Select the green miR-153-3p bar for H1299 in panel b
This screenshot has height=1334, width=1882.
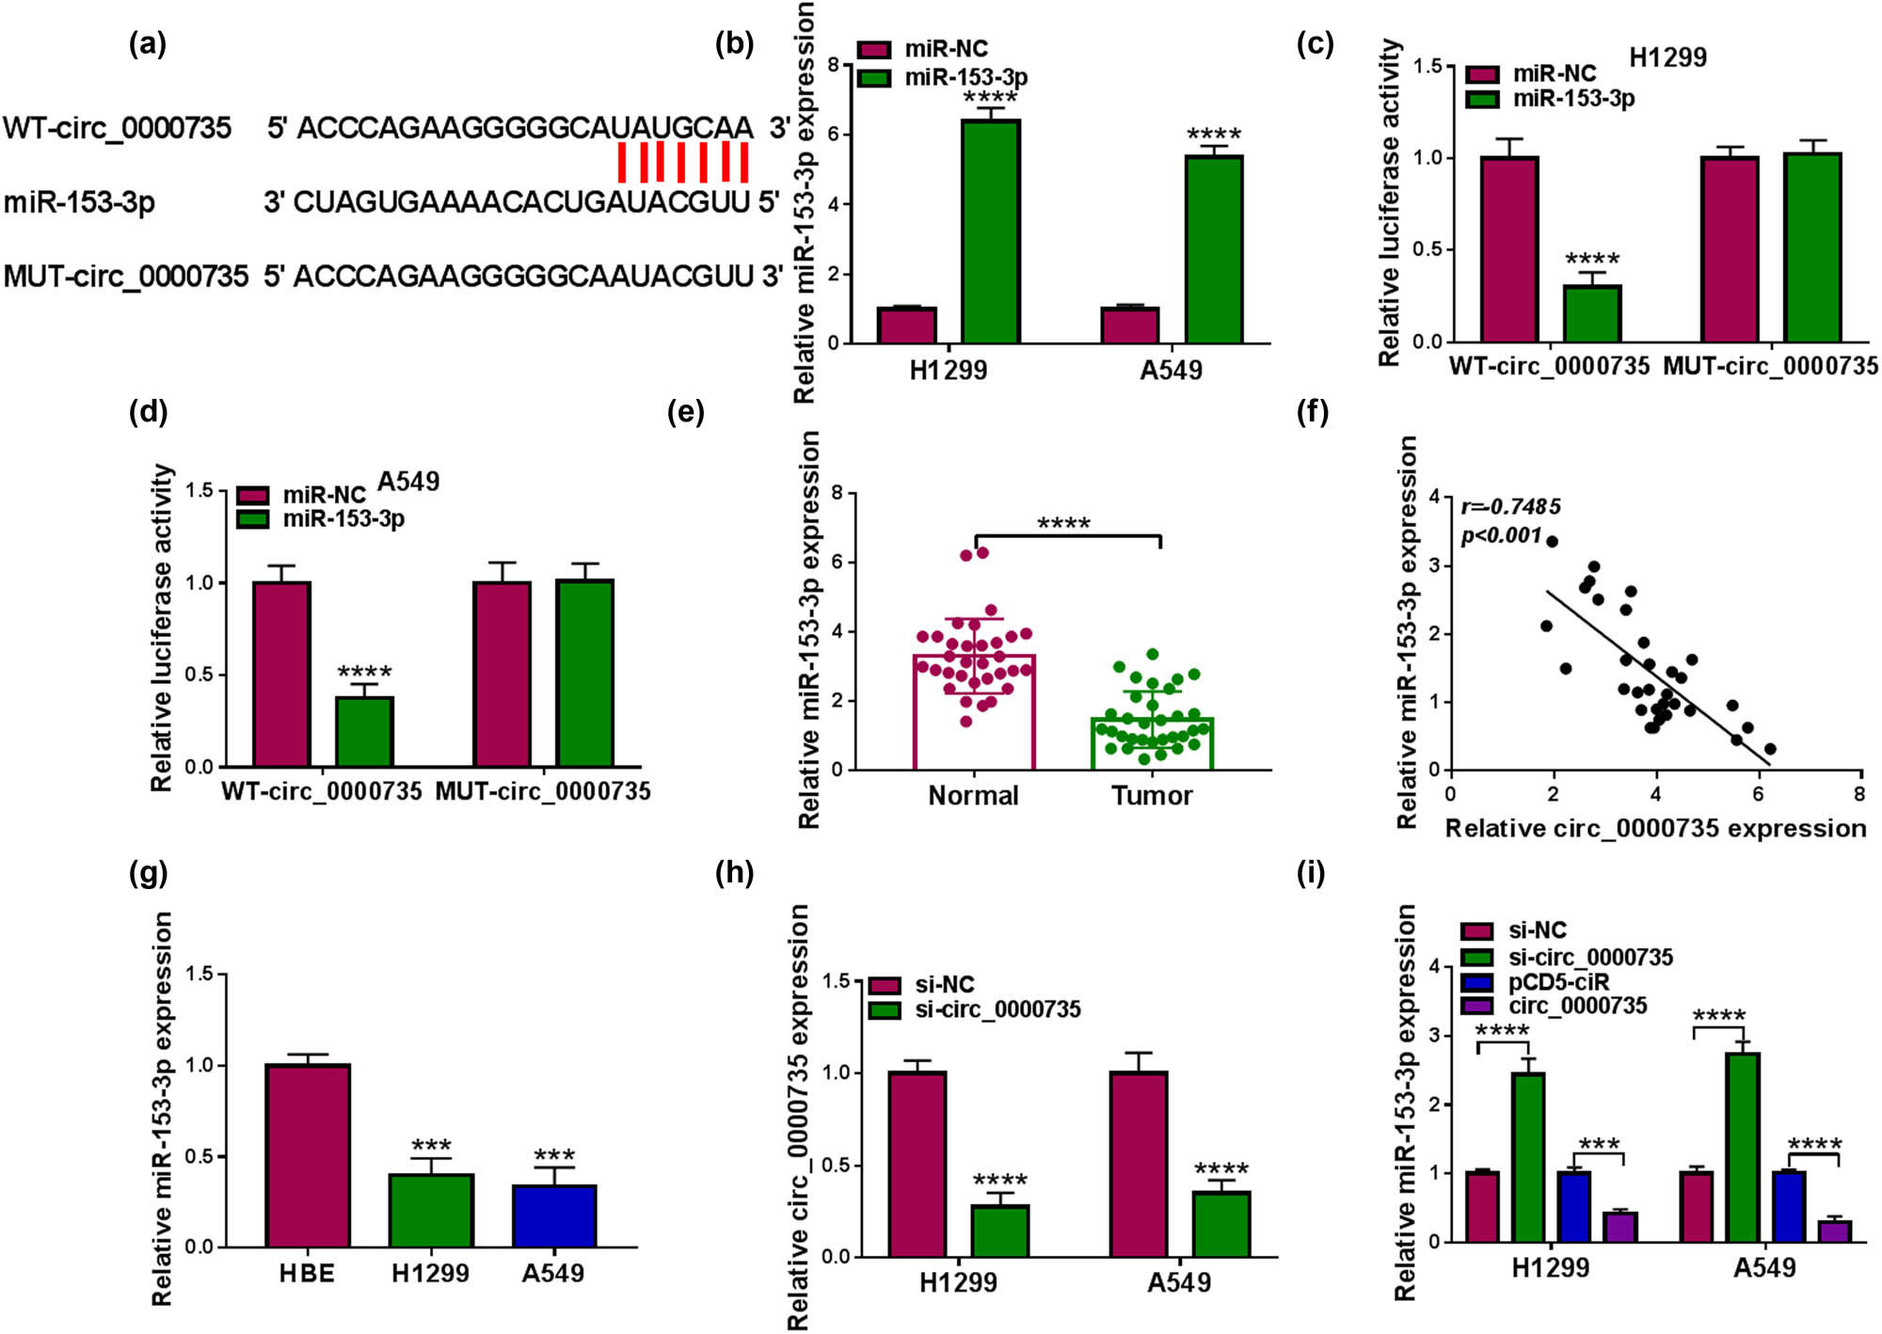pyautogui.click(x=990, y=230)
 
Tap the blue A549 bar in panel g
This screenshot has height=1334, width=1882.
pyautogui.click(x=554, y=1215)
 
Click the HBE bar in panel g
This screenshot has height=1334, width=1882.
pyautogui.click(x=308, y=1155)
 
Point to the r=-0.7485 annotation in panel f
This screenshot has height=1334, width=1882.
pyautogui.click(x=1510, y=507)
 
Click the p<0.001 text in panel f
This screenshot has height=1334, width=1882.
pyautogui.click(x=1502, y=536)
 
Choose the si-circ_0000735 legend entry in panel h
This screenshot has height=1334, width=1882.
pyautogui.click(x=997, y=1009)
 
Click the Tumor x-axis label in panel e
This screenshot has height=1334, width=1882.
pyautogui.click(x=1152, y=796)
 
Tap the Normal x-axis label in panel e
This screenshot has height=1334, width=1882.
pyautogui.click(x=973, y=796)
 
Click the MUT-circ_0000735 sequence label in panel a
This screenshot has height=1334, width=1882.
pyautogui.click(x=126, y=277)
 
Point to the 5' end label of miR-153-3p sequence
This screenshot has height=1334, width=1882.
pyautogui.click(x=769, y=201)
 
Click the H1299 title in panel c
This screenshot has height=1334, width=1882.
pyautogui.click(x=1667, y=57)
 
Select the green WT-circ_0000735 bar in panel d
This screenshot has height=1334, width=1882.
pyautogui.click(x=365, y=731)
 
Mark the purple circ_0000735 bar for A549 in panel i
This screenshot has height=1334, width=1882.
pyautogui.click(x=1835, y=1231)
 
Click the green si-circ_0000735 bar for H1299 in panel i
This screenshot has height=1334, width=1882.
pyautogui.click(x=1528, y=1156)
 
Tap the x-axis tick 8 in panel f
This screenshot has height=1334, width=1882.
pyautogui.click(x=1858, y=794)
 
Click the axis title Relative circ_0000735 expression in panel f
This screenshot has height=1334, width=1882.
pyautogui.click(x=1655, y=829)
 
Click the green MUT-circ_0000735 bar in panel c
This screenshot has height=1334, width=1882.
pyautogui.click(x=1812, y=246)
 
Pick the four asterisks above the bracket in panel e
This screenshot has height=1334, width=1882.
pyautogui.click(x=1063, y=523)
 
